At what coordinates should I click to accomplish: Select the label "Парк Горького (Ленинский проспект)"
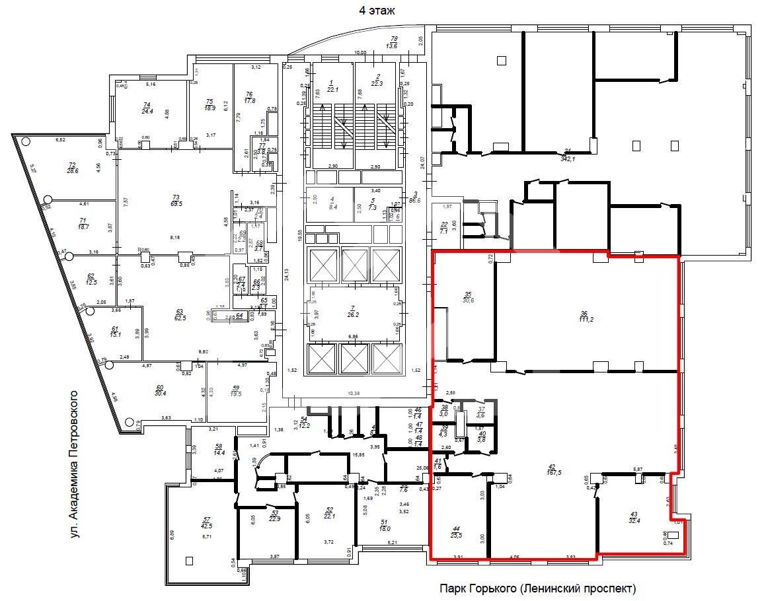point(537,588)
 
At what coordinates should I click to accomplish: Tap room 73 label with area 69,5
point(174,201)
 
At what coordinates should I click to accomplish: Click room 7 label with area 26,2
point(353,311)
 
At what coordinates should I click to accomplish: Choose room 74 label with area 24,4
point(147,108)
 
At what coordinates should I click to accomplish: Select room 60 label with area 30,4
point(159,392)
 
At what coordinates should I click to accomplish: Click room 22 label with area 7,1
point(444,228)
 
